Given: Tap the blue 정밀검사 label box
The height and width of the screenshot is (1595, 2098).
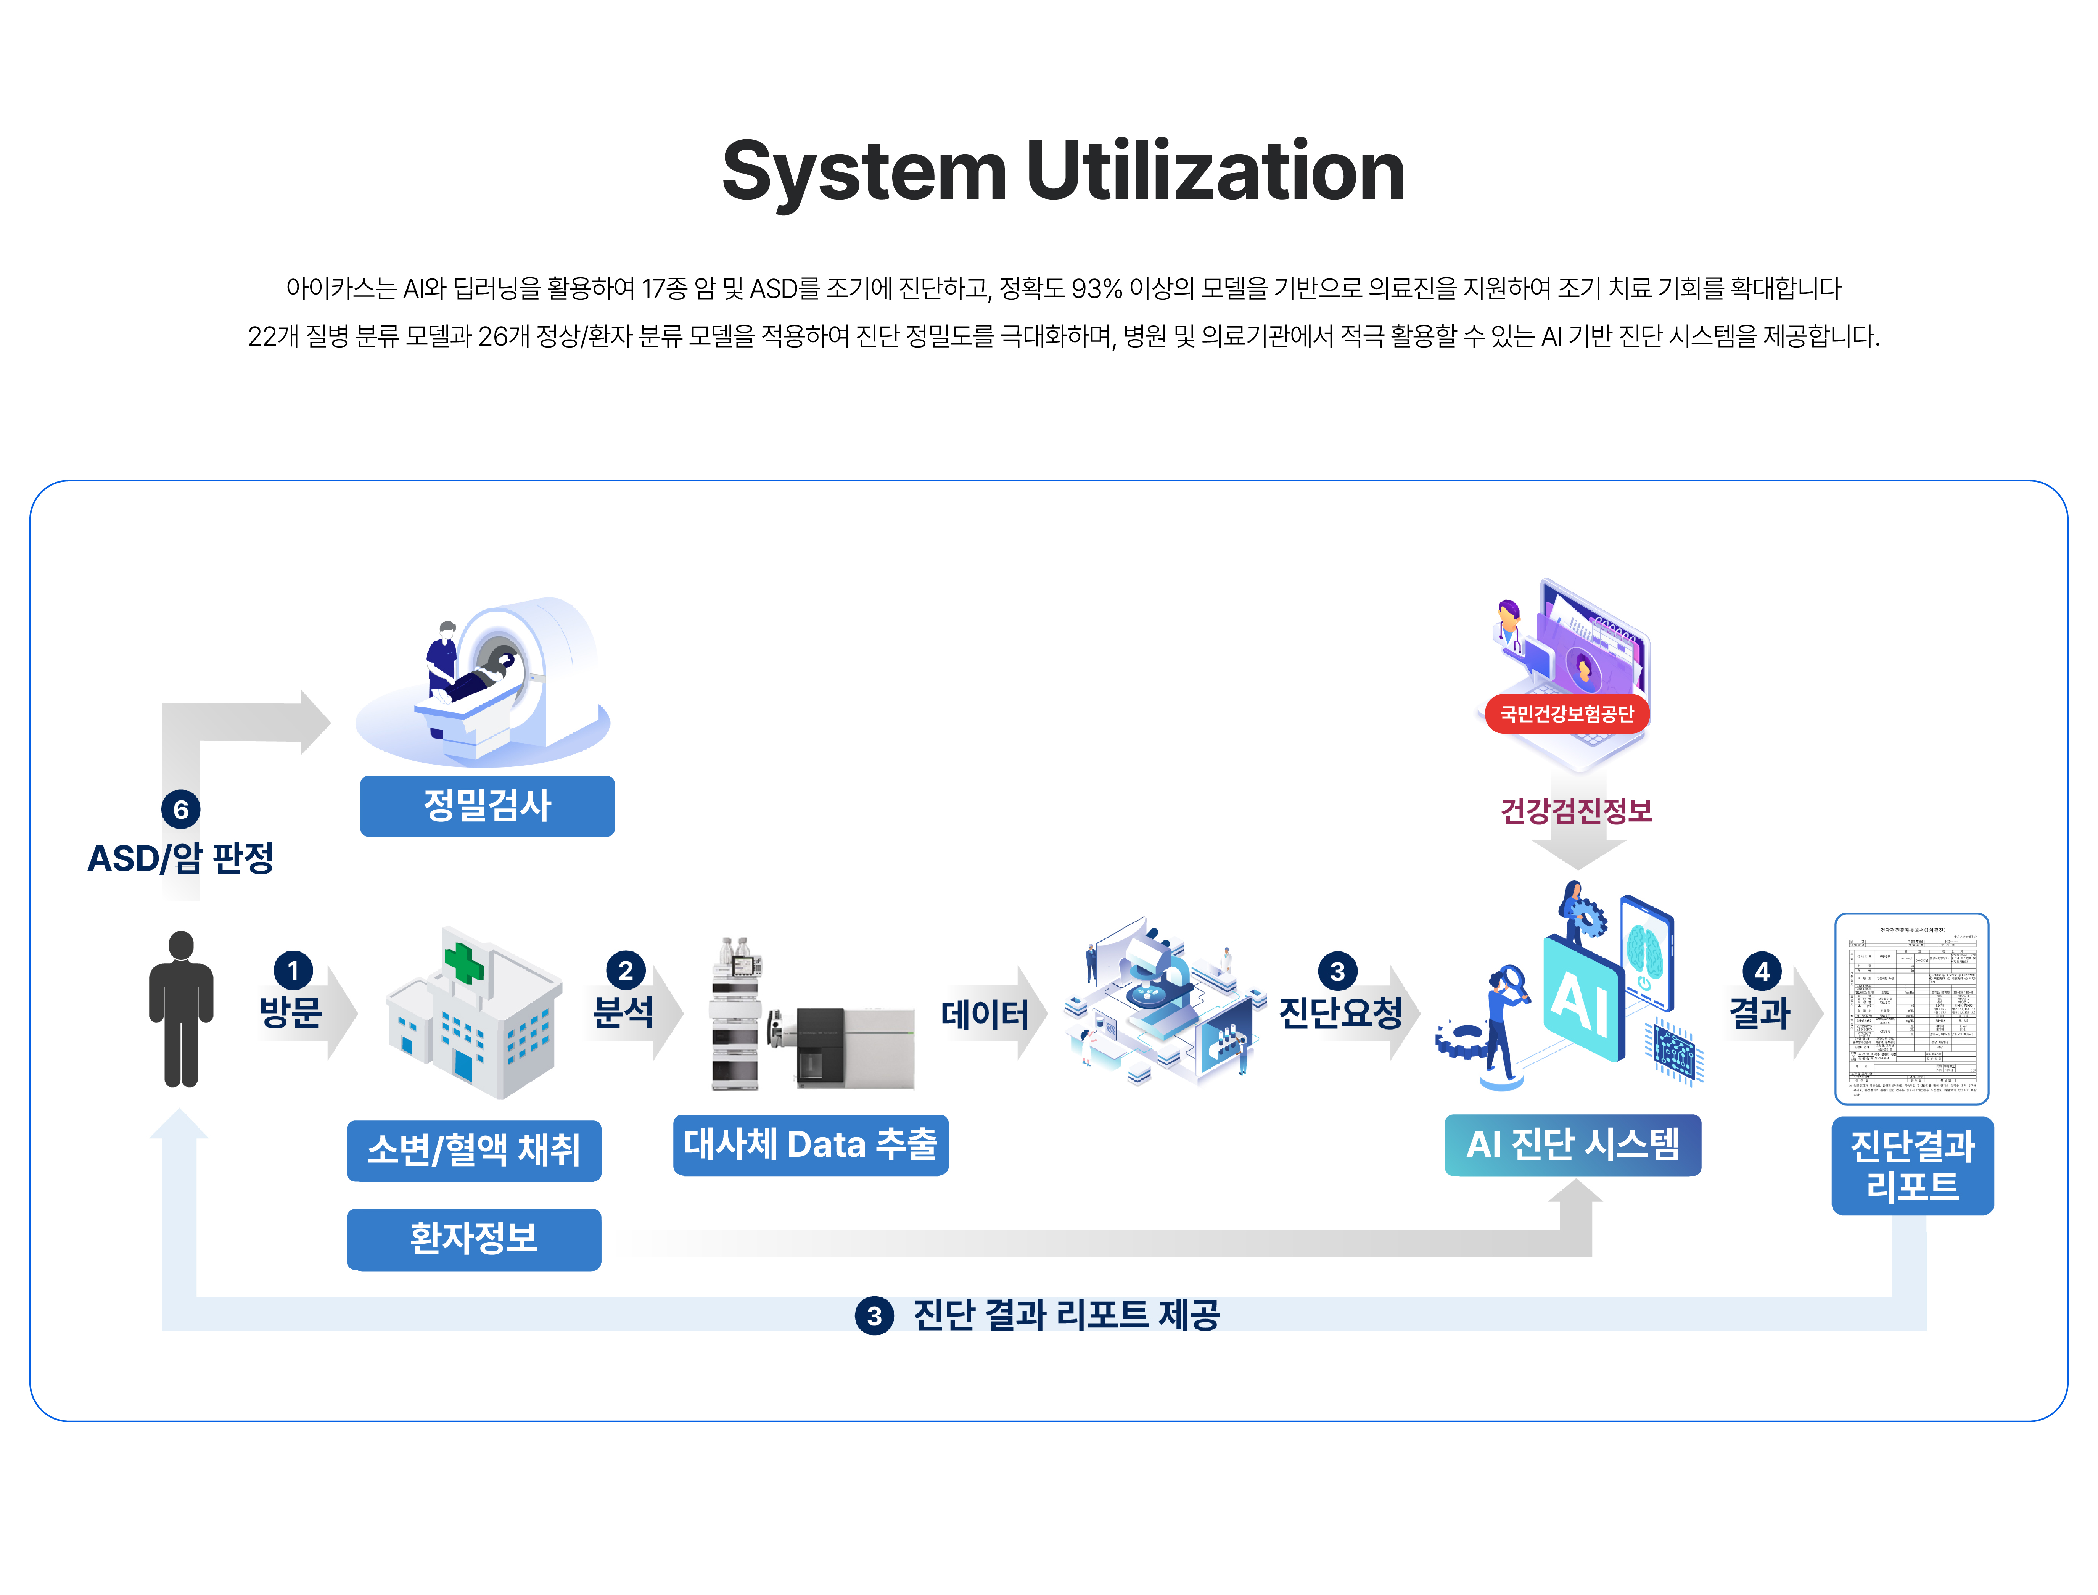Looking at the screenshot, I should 487,806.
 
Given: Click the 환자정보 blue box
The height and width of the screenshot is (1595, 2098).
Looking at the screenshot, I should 474,1239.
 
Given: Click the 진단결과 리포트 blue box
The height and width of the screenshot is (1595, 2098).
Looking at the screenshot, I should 1912,1166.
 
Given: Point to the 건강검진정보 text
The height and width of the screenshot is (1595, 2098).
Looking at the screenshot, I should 1576,811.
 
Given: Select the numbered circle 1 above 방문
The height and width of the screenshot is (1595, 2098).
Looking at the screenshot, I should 293,970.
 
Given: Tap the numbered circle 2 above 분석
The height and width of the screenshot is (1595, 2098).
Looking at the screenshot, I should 626,970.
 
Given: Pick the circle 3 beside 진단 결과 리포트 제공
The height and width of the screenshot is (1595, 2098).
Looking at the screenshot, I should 874,1316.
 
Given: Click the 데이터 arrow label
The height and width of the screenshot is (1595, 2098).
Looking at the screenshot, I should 985,1014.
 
